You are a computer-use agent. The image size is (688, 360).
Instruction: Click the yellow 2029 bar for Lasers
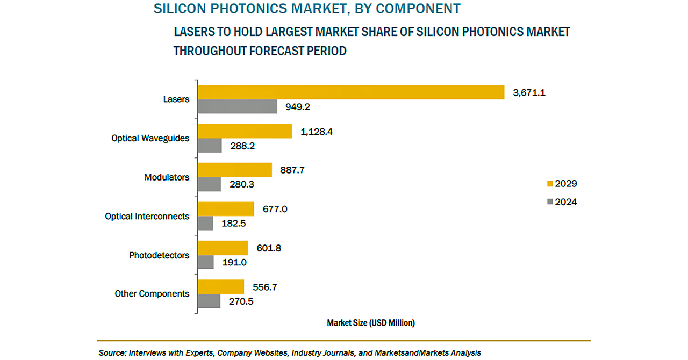(350, 92)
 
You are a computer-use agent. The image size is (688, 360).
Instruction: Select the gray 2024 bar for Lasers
(237, 106)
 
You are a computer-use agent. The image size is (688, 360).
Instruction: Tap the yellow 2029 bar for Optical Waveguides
(245, 131)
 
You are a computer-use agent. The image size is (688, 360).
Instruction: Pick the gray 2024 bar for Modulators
(209, 184)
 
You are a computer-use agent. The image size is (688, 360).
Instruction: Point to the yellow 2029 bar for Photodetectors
(223, 248)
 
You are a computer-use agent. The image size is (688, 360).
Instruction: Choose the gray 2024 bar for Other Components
(209, 301)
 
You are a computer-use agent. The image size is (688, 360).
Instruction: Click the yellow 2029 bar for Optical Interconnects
(226, 209)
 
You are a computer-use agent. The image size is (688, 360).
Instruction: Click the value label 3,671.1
(529, 92)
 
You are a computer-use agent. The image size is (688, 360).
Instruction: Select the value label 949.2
(297, 107)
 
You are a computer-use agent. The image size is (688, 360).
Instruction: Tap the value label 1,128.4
(317, 131)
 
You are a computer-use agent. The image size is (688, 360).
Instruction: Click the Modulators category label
(167, 177)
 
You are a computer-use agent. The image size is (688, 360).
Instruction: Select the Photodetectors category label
(159, 255)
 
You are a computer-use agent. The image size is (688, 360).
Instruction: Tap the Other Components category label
(152, 294)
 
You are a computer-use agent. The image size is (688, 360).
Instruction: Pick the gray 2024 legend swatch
(550, 202)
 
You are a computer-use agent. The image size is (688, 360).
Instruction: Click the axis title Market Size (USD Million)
(371, 323)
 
